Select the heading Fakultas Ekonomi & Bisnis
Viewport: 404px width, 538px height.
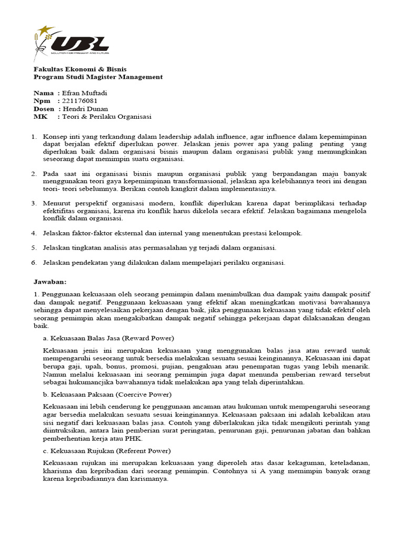point(80,69)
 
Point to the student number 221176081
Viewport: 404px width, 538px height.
point(80,101)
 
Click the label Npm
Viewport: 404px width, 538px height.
point(42,101)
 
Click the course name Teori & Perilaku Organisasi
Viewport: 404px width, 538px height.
point(107,117)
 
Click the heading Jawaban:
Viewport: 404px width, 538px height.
point(50,281)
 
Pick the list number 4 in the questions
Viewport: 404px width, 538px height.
point(34,233)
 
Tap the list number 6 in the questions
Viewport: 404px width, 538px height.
point(34,263)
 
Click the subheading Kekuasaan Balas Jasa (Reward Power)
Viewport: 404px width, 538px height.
point(109,337)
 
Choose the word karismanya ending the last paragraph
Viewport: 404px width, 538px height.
point(150,479)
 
